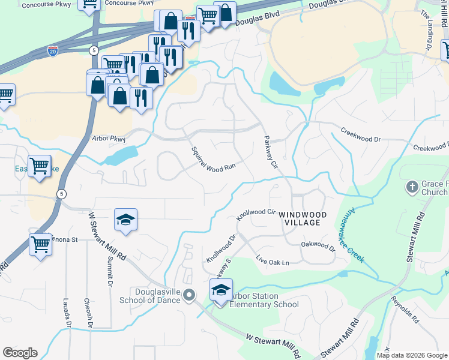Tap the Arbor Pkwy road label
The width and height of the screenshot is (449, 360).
(109, 139)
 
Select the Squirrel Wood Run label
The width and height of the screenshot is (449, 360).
(212, 160)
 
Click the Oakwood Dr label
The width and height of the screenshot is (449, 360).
(318, 245)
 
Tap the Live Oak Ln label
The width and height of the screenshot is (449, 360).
(273, 262)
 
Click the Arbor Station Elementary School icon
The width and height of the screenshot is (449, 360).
(221, 291)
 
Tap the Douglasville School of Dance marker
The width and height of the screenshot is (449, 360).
(190, 294)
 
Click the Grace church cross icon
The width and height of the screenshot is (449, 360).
(412, 187)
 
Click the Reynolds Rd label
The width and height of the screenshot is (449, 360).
(404, 308)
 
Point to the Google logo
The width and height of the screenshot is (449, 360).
(20, 353)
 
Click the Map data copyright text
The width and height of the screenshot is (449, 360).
(412, 355)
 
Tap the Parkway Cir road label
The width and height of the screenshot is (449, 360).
(271, 152)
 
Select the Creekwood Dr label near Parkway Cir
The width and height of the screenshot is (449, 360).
(361, 134)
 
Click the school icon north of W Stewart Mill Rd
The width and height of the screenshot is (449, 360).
(126, 220)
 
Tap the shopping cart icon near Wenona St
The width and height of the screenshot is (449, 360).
(41, 244)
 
